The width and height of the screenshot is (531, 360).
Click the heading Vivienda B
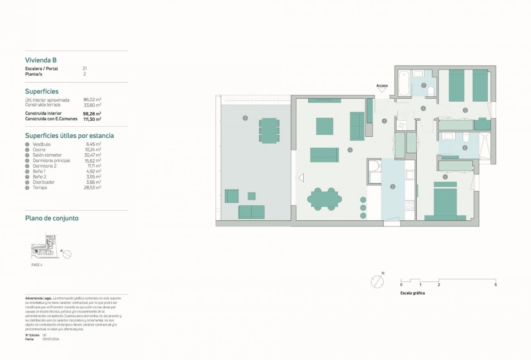pos(41,60)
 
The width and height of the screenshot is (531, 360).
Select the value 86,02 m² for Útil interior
pos(92,99)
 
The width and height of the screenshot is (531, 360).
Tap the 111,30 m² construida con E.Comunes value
pos(92,119)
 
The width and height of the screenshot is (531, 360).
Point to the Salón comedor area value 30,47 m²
pos(93,155)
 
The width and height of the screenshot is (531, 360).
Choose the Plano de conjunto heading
pos(51,218)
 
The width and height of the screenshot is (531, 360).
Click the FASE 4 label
pos(37,265)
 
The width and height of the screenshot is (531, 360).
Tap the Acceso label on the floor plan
pos(382,86)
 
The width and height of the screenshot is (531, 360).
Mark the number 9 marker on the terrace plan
pos(245,118)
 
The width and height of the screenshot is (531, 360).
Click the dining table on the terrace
pos(269,130)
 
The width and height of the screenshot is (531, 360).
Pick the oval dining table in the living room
pos(324,199)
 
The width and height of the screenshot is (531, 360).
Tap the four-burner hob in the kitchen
pos(410,205)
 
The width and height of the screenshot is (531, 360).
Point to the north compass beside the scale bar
pos(377,282)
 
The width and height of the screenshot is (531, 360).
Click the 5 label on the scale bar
pos(495,285)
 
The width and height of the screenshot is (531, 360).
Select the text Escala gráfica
pos(412,293)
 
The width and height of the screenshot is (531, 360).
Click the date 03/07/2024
pos(51,339)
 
